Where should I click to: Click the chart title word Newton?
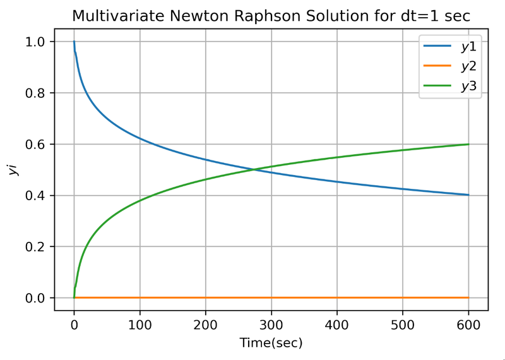(x=211, y=15)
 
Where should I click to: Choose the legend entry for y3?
(x=468, y=87)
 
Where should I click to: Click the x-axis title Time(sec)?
(x=271, y=343)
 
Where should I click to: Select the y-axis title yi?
(x=13, y=169)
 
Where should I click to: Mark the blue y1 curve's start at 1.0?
(x=74, y=42)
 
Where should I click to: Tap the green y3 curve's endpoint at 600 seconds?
(x=468, y=144)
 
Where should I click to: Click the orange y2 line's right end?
(x=468, y=297)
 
